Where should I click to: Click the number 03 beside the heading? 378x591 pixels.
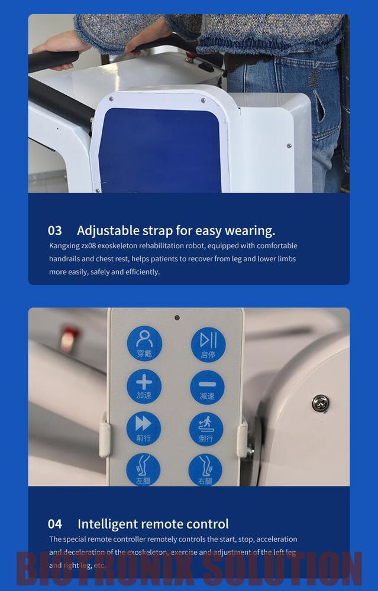pos(55,230)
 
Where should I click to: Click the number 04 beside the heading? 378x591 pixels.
pos(55,524)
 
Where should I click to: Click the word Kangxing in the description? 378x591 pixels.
pos(63,246)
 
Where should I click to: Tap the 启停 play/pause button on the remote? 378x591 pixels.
pos(208,344)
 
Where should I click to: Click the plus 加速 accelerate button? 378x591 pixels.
pos(144,386)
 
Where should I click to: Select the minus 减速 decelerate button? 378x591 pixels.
pos(207,387)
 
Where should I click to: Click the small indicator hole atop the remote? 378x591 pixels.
pos(176,317)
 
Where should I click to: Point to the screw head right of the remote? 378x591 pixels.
pos(321,403)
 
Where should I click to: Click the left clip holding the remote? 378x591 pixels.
pos(105,436)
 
